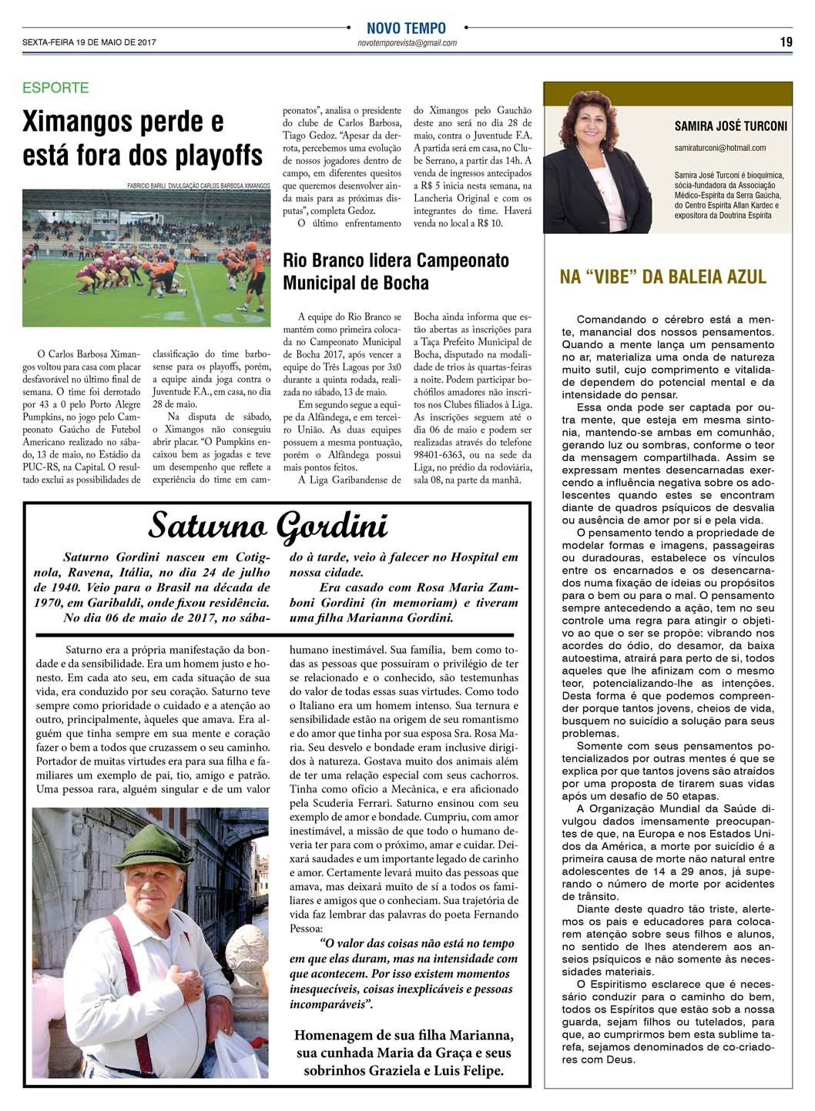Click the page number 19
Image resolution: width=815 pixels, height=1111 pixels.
[x=786, y=42]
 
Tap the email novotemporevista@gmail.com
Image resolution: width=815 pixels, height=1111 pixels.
[x=407, y=43]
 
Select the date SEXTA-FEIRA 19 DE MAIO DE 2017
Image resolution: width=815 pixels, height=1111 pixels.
[x=89, y=43]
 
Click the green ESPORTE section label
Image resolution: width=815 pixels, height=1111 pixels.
[x=55, y=88]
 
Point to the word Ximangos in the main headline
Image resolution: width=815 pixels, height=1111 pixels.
[x=85, y=122]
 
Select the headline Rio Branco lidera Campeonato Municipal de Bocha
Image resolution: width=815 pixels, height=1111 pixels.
[x=396, y=271]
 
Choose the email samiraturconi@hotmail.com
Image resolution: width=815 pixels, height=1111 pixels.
[x=719, y=147]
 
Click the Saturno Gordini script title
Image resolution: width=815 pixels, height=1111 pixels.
[x=268, y=526]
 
